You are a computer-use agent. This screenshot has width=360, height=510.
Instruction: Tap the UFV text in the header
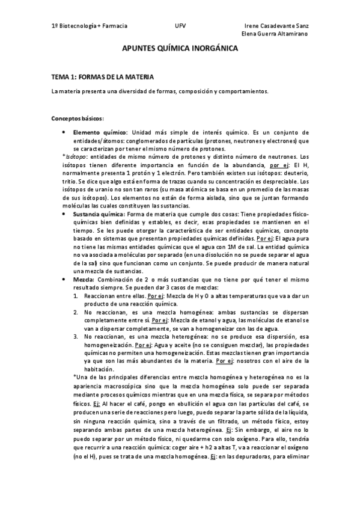[180, 26]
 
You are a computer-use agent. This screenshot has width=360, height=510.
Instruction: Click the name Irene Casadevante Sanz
[278, 26]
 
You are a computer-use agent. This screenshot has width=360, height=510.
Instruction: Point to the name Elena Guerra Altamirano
[275, 34]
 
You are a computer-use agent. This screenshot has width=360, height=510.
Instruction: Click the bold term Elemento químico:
[100, 132]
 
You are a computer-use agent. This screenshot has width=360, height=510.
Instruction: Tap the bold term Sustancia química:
[99, 215]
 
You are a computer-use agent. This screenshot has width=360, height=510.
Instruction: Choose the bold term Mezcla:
[84, 280]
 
